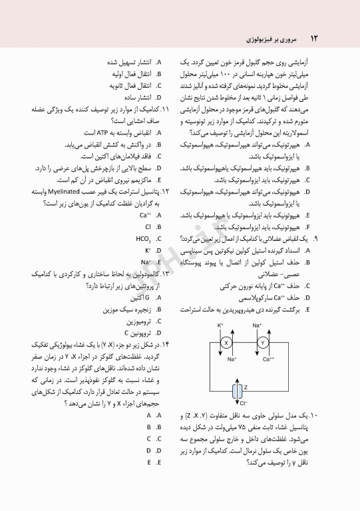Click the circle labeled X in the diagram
[x=226, y=342]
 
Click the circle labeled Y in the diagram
[x=262, y=342]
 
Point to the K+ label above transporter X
[x=221, y=325]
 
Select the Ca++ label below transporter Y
[x=268, y=359]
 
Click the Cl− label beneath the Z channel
[x=244, y=403]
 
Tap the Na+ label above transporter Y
[x=257, y=325]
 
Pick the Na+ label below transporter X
[x=232, y=359]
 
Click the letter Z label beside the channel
[x=246, y=386]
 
